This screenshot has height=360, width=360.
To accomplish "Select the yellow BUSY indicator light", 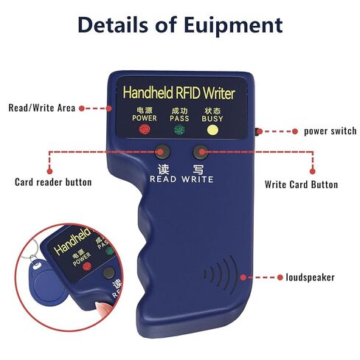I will tap(212, 130).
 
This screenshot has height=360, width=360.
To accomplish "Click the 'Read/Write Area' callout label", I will tap(41, 108).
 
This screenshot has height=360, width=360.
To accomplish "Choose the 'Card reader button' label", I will tap(53, 181).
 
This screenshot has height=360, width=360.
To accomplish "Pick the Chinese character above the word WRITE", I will tap(198, 166).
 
